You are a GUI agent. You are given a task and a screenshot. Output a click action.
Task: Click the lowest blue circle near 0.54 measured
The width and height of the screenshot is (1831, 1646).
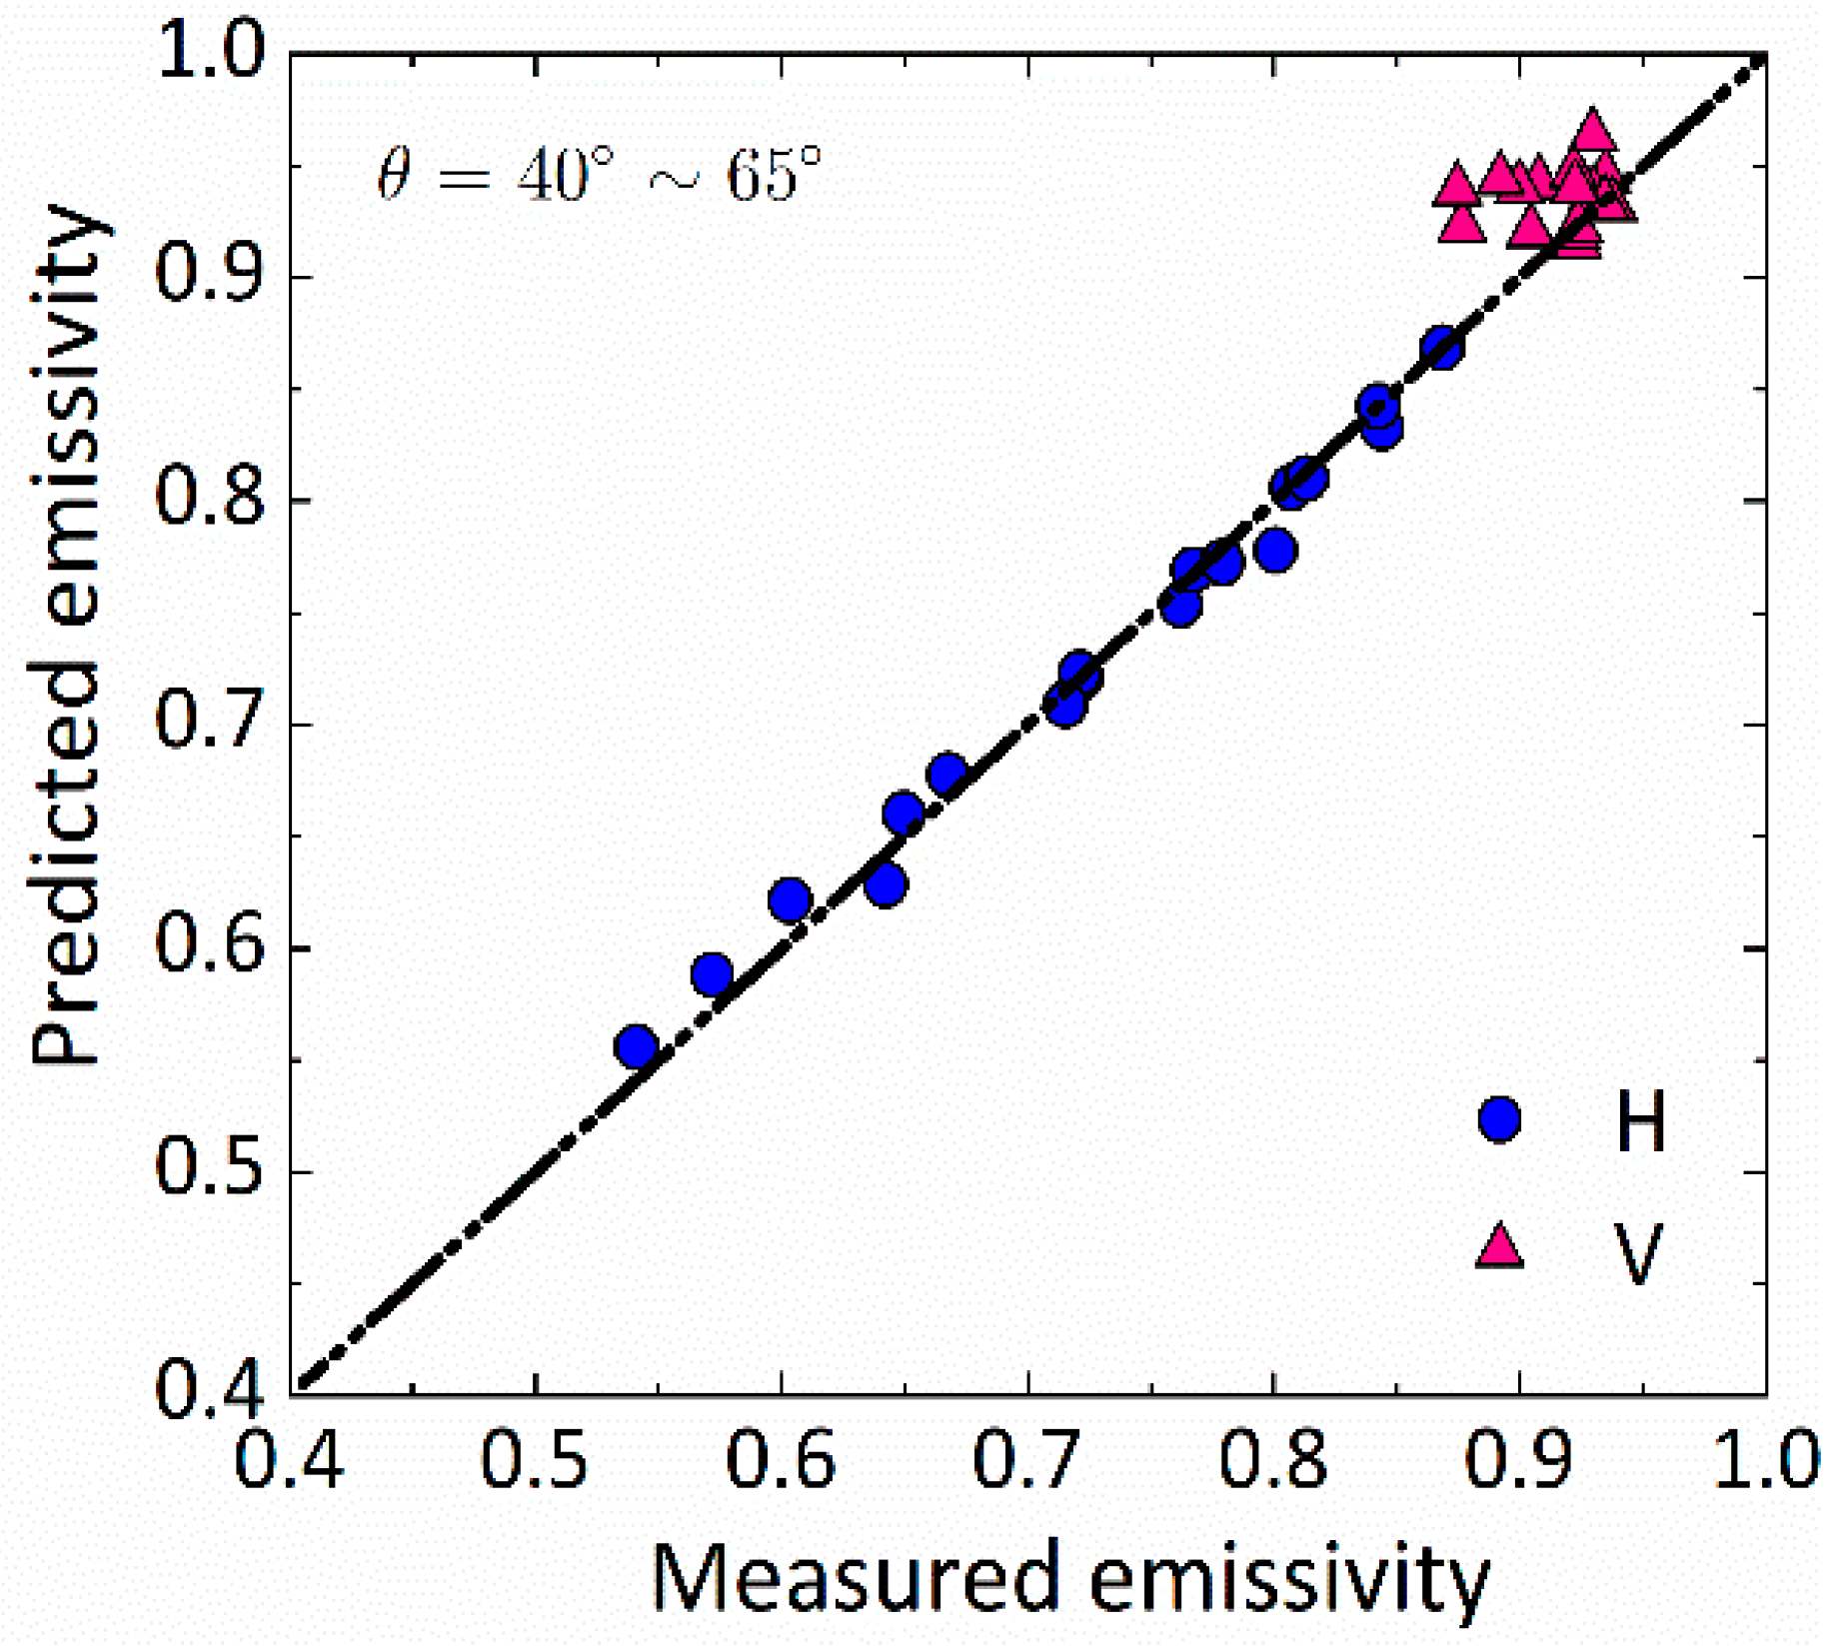point(637,1047)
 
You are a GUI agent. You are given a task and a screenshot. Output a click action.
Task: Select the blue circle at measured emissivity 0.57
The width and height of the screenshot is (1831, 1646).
point(712,973)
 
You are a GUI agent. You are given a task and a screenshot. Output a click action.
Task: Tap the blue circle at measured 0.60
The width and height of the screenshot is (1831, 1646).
point(790,899)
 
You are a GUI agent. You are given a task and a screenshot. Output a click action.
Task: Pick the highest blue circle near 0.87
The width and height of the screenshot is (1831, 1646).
point(1442,348)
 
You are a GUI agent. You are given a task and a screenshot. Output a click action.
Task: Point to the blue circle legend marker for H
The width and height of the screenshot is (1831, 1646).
point(1499,1119)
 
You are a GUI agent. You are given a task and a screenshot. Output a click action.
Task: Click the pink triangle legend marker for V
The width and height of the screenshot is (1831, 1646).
point(1499,1247)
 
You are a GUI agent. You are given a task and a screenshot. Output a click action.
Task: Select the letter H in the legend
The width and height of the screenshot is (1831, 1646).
point(1640,1121)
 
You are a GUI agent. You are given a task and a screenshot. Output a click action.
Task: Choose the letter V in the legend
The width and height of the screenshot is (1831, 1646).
point(1638,1251)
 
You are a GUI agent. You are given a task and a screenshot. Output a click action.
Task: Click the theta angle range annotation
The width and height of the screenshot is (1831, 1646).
point(600,175)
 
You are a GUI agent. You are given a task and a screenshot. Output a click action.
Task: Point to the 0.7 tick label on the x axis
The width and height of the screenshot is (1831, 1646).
point(1026,1461)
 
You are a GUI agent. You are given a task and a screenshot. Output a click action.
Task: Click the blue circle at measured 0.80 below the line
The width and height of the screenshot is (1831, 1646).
point(1275,551)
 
